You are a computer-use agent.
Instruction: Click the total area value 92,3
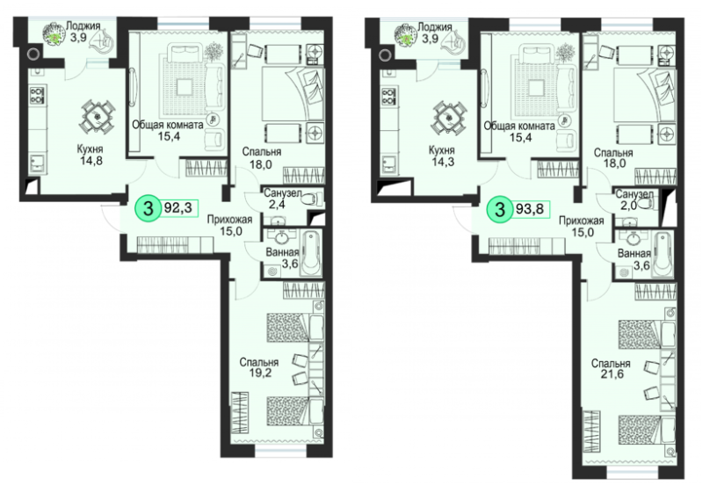pyautogui.click(x=177, y=208)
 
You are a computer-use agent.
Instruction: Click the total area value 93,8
pyautogui.click(x=530, y=209)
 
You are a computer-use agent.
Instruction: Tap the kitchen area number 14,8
pyautogui.click(x=90, y=161)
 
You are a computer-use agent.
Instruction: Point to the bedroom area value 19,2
pyautogui.click(x=261, y=373)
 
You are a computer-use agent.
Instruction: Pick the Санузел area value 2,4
pyautogui.click(x=277, y=205)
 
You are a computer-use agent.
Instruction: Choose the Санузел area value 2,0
pyautogui.click(x=629, y=206)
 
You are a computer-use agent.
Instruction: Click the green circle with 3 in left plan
pyautogui.click(x=148, y=209)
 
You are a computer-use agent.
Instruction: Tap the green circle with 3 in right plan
pyautogui.click(x=499, y=209)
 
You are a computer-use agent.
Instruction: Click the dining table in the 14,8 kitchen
pyautogui.click(x=97, y=116)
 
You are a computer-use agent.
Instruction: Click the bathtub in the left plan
pyautogui.click(x=311, y=253)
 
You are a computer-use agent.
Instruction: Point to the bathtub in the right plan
pyautogui.click(x=663, y=254)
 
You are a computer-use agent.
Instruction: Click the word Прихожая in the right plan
pyautogui.click(x=581, y=221)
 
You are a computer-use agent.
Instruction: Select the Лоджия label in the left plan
pyautogui.click(x=83, y=26)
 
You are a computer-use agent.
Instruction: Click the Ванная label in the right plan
pyautogui.click(x=634, y=254)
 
